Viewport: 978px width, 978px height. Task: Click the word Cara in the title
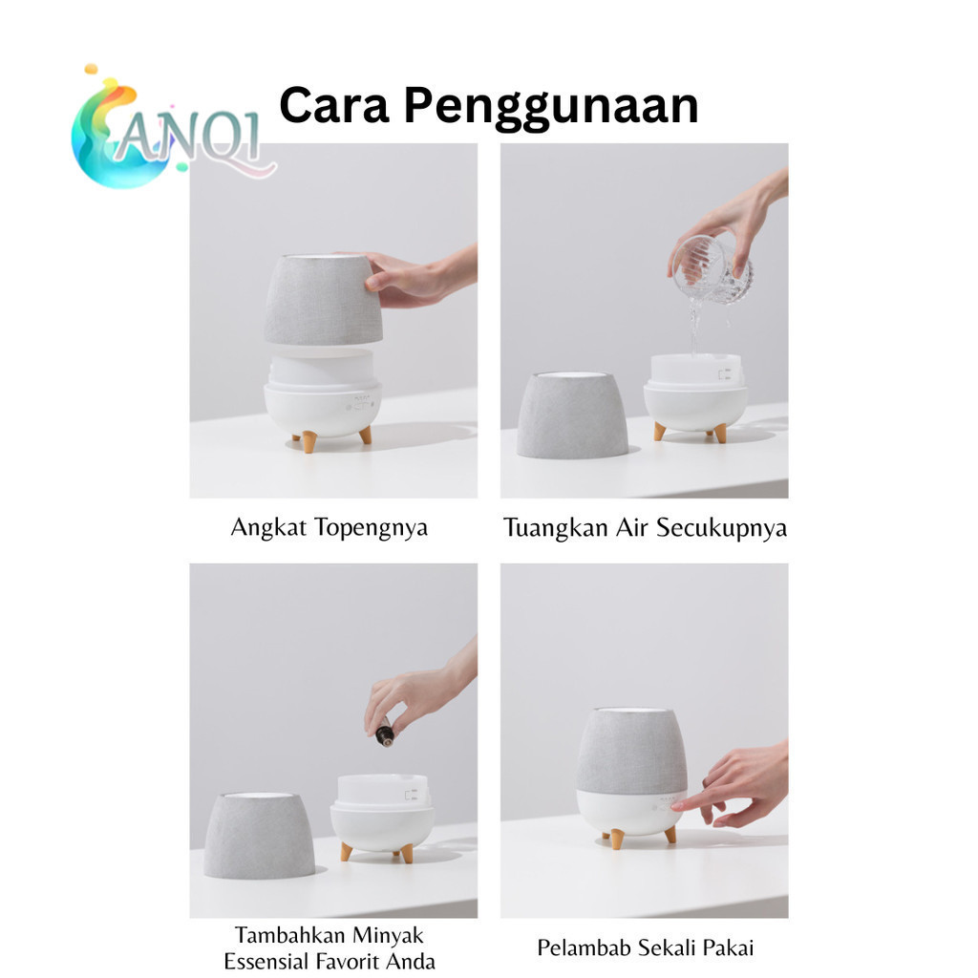[333, 105]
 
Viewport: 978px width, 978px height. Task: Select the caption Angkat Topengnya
[330, 528]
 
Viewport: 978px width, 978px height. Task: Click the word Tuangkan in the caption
[555, 527]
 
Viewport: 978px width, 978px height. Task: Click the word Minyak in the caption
[388, 936]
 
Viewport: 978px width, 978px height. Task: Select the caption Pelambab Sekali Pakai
[645, 948]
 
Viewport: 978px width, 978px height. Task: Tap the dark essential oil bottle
[385, 733]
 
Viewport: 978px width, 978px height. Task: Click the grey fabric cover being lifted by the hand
[323, 299]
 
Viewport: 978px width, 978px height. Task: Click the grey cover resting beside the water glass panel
[573, 415]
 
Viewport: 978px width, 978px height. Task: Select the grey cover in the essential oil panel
[260, 836]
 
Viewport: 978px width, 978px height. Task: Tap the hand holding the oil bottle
[418, 691]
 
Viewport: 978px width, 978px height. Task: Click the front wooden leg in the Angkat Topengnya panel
[308, 441]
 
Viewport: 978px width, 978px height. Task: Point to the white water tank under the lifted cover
[322, 367]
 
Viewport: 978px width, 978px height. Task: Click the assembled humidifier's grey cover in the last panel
[631, 751]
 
